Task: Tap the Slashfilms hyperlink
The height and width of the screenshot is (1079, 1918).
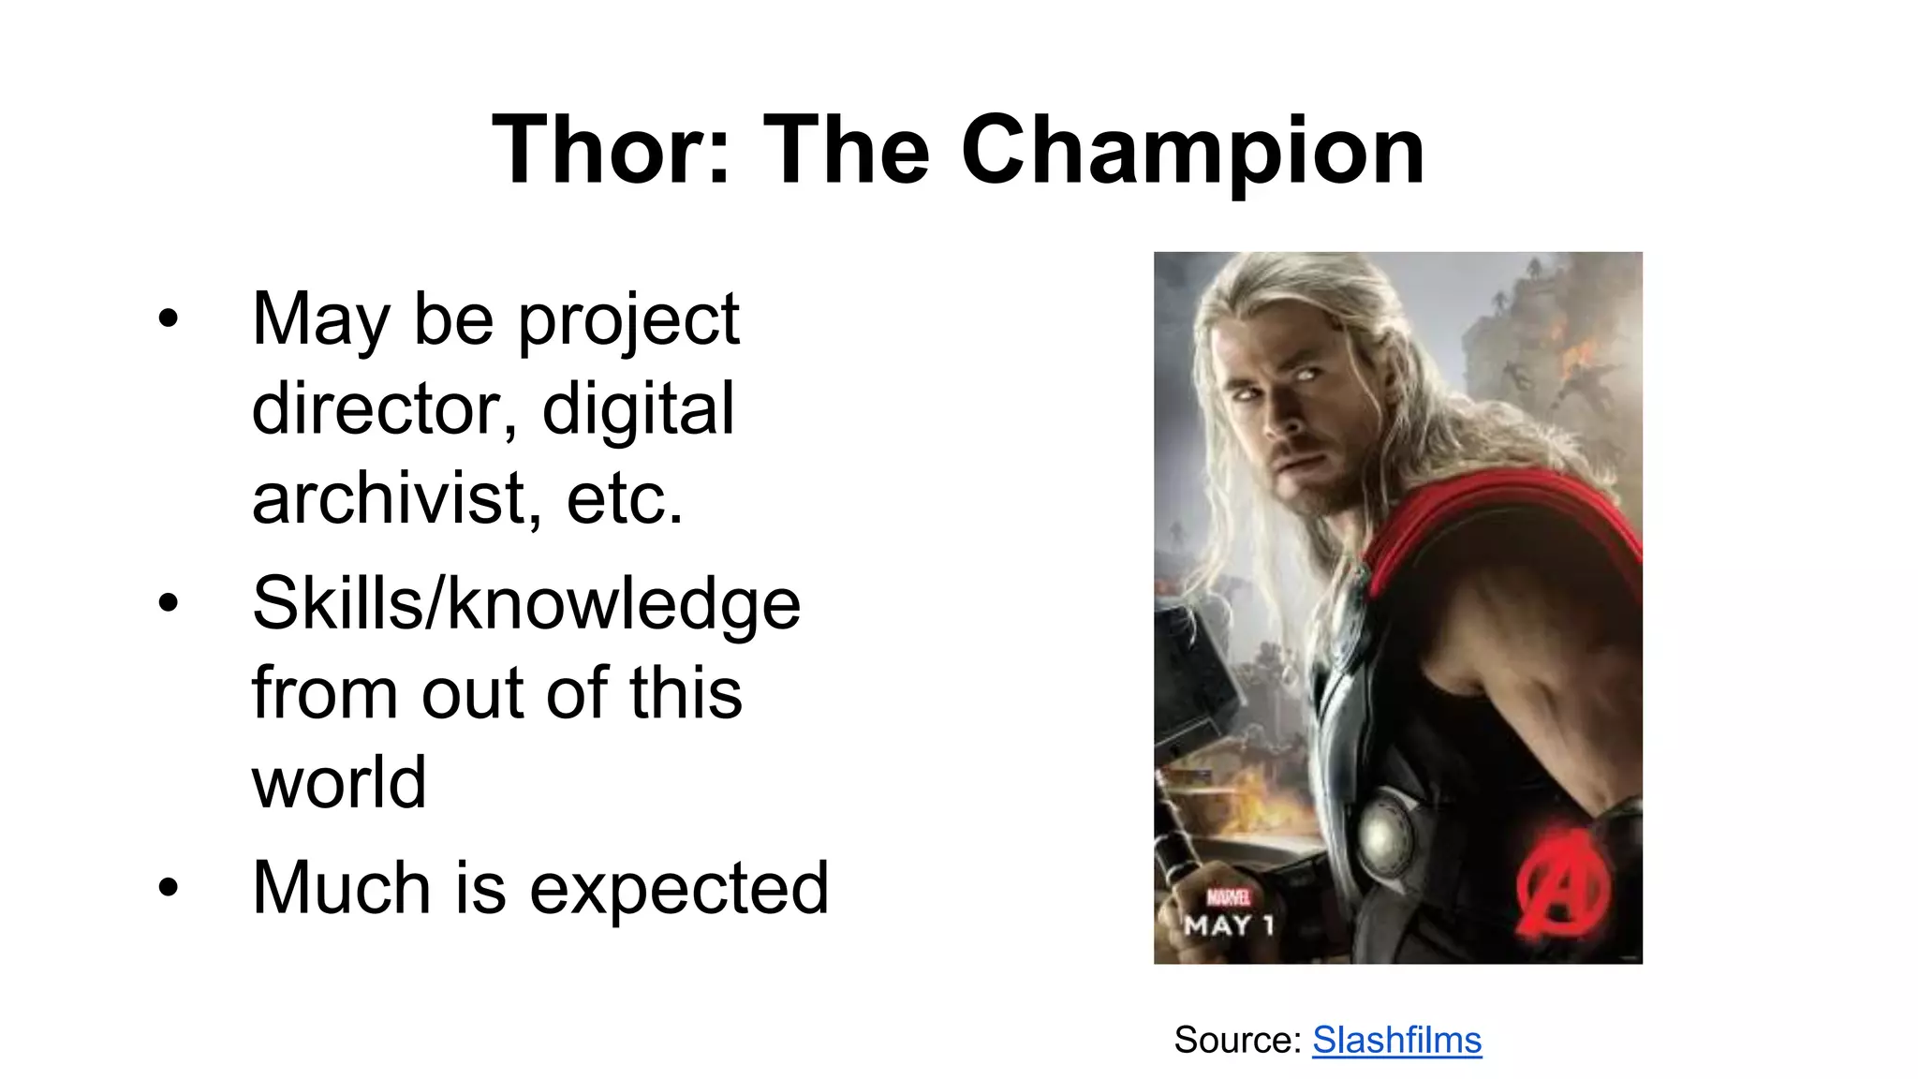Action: pos(1396,1040)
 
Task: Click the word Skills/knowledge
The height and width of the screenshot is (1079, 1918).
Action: pos(526,604)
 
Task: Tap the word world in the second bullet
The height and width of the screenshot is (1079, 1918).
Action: pos(339,782)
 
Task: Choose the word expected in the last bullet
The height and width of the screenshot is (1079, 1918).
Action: pos(679,888)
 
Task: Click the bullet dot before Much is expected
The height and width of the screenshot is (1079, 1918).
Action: pos(168,886)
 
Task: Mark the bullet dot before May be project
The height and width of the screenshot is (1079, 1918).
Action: pos(168,318)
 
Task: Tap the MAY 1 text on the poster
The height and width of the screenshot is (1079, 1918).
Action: pos(1229,926)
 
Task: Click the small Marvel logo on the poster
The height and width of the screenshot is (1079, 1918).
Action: pos(1228,897)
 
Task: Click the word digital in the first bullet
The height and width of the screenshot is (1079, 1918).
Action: pos(639,409)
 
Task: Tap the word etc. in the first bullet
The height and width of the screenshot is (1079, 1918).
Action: pos(625,497)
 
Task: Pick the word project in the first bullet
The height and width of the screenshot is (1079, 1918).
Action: pos(628,320)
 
